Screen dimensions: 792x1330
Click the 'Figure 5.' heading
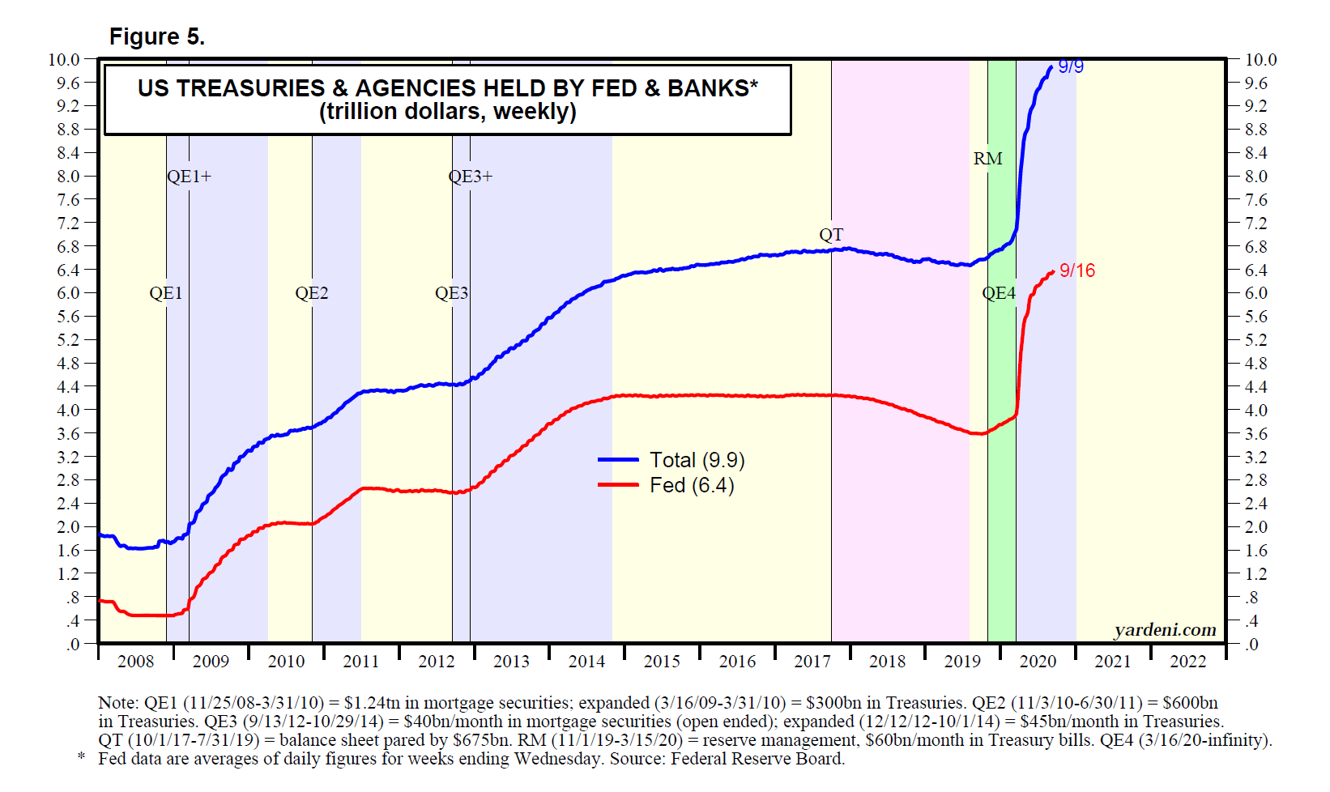tap(157, 37)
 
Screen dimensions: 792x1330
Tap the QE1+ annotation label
tap(189, 177)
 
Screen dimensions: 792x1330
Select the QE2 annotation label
tap(312, 293)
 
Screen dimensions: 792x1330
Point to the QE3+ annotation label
tap(471, 177)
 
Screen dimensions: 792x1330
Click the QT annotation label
tap(831, 235)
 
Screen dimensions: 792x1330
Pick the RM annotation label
tap(987, 159)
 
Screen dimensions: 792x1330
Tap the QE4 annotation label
tap(999, 293)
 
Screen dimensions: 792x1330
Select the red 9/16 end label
tap(1077, 270)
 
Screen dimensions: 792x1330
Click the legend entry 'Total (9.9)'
tap(697, 460)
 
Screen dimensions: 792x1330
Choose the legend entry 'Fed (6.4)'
tap(692, 485)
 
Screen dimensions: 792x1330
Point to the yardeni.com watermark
tap(1165, 630)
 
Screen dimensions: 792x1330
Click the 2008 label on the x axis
tap(135, 662)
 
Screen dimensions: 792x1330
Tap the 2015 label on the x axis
tap(662, 662)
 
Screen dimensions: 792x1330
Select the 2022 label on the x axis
tap(1188, 662)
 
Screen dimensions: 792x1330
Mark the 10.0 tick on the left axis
tap(64, 59)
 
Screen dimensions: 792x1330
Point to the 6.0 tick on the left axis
tap(68, 293)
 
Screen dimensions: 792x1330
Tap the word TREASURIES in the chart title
tap(250, 88)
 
